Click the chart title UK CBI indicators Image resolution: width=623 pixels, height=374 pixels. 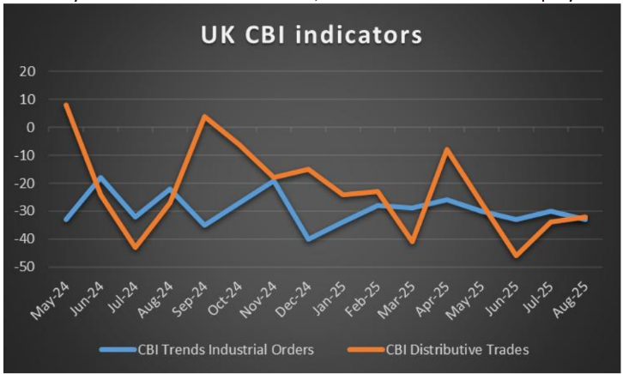pos(311,35)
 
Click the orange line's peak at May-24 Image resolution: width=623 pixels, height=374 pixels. pos(66,105)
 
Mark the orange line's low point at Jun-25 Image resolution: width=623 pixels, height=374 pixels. pos(516,256)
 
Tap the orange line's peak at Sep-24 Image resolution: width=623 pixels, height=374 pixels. pos(204,116)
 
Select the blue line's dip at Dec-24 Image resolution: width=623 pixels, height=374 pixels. pos(308,239)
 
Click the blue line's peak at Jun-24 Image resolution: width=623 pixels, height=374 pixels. pos(100,178)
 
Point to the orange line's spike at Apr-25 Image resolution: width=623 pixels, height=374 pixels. pos(446,149)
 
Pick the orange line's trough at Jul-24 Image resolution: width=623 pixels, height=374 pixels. pos(136,248)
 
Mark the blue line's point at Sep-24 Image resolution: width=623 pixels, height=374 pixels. pos(204,226)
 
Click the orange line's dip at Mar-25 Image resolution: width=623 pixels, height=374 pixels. pos(412,242)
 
